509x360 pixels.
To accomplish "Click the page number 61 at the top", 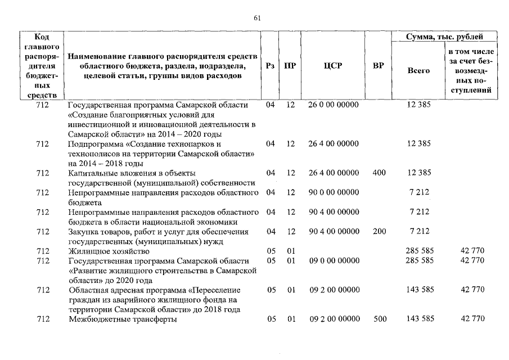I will coord(257,18).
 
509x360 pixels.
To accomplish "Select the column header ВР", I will coord(379,66).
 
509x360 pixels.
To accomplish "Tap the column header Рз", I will coord(271,66).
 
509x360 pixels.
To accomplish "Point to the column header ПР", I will coord(290,66).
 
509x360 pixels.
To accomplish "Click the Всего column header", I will coord(418,71).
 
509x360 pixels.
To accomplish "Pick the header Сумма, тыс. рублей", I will coord(444,37).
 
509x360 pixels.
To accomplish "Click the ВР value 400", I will coord(379,173).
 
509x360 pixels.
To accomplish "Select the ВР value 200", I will coord(379,231).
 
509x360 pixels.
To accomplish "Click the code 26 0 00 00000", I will coord(334,105).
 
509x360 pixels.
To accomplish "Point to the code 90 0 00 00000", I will coord(334,192).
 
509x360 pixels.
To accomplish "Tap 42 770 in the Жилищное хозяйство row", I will coord(472,251).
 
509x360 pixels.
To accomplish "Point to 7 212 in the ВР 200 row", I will coord(420,231).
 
